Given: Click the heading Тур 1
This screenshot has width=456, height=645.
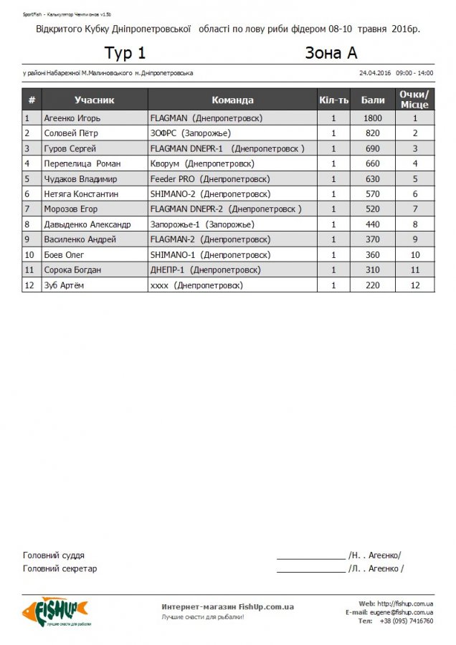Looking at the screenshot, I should click(x=125, y=53).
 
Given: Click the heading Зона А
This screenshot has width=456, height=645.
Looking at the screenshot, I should click(x=331, y=53).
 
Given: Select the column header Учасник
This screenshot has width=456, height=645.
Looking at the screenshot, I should click(x=94, y=100).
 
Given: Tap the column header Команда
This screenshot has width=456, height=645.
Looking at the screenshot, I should click(x=232, y=100).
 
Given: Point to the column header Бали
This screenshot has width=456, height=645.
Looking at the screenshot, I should click(x=373, y=100).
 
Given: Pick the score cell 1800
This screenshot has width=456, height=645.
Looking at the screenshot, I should click(x=373, y=118).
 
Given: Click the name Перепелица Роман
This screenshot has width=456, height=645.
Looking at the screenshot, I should click(x=82, y=163).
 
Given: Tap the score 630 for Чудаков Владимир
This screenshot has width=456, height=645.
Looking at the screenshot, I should click(x=373, y=179).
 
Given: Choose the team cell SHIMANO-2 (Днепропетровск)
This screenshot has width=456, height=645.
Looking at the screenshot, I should click(x=210, y=194).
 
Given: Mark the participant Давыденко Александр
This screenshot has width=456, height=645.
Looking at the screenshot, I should click(x=87, y=224).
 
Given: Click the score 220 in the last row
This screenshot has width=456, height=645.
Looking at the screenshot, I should click(x=373, y=285).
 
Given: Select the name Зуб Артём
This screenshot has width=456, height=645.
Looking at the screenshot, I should click(x=65, y=285).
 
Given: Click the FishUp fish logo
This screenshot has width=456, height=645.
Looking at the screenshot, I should click(x=54, y=611).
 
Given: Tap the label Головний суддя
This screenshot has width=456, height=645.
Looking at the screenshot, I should click(x=54, y=555).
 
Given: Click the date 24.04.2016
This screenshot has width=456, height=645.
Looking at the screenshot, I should click(x=374, y=73).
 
